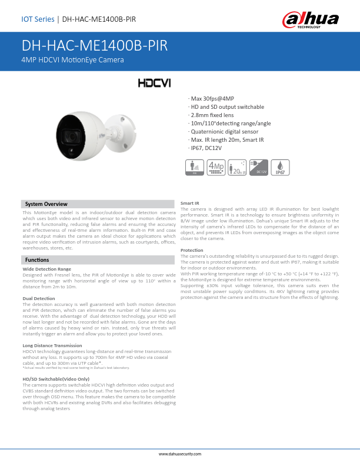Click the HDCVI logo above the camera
click(154, 83)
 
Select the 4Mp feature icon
click(216, 167)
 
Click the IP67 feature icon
click(281, 167)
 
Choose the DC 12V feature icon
click(259, 167)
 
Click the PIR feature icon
click(195, 167)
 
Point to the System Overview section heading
click(46, 204)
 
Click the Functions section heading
click(37, 259)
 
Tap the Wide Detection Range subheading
click(46, 269)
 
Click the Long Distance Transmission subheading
click(52, 345)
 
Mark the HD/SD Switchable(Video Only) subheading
click(56, 380)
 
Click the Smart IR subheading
click(189, 203)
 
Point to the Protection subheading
click(192, 250)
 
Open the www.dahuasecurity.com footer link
click(180, 455)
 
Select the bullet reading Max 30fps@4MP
click(211, 98)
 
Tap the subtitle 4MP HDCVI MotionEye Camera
click(72, 61)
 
